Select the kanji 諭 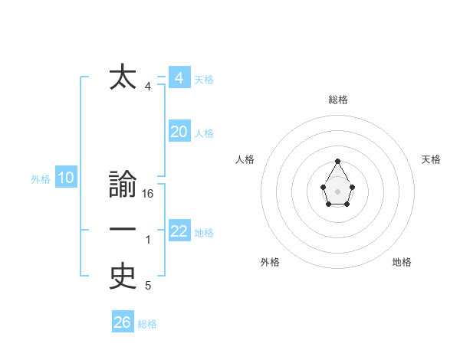click(123, 186)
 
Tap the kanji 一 click(123, 231)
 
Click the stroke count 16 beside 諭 click(148, 195)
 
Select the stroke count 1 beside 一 click(148, 241)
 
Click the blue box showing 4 click(179, 77)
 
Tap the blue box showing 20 click(179, 132)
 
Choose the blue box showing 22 click(179, 231)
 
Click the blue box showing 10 click(65, 178)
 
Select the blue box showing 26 click(122, 322)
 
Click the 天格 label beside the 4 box click(204, 80)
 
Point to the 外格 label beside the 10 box click(41, 180)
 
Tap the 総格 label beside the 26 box click(147, 324)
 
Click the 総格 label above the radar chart click(337, 100)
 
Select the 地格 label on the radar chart click(402, 262)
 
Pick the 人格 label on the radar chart click(245, 159)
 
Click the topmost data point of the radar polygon click(337, 161)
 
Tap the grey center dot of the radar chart click(337, 191)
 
